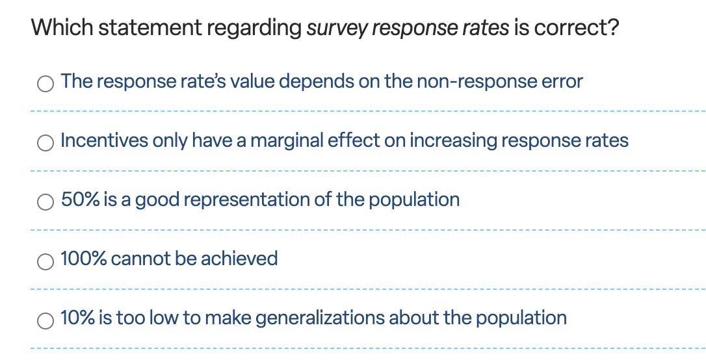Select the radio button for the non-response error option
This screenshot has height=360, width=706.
coord(46,84)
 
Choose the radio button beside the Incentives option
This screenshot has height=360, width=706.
coord(46,143)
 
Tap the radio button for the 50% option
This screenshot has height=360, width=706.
coord(46,202)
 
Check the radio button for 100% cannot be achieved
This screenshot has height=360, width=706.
coord(46,261)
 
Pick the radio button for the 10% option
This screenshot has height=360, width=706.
coord(46,320)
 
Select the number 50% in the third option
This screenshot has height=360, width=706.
coord(80,199)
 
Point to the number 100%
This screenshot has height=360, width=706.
coord(84,259)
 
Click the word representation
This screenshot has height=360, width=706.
coord(246,199)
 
